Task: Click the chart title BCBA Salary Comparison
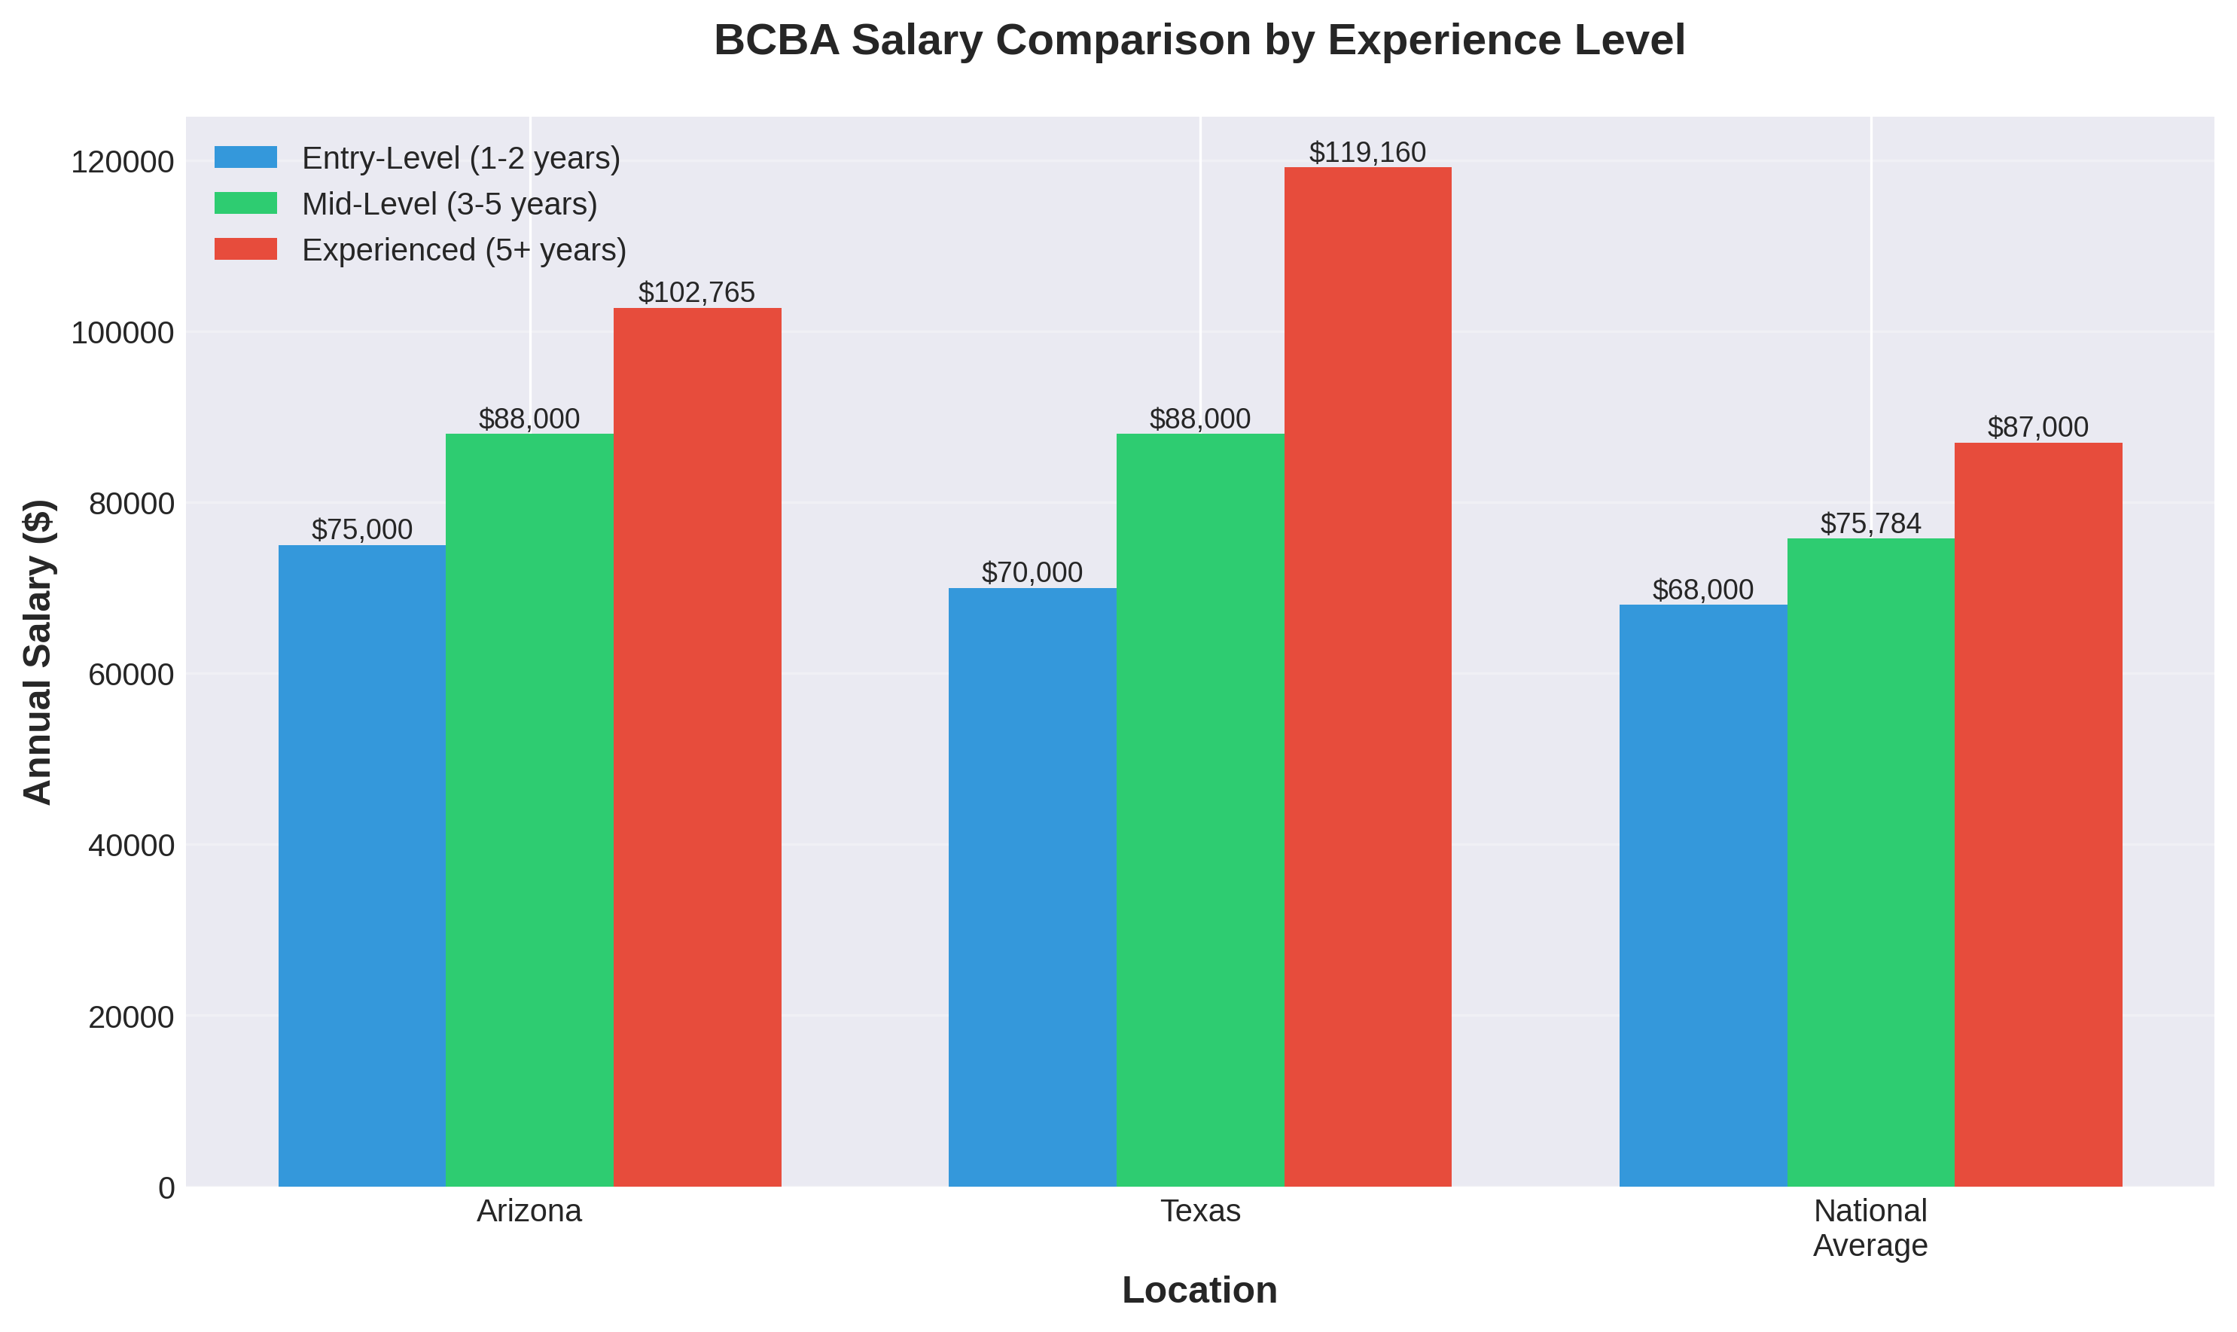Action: [1199, 41]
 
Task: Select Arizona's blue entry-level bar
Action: [361, 865]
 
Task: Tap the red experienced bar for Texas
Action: [1367, 677]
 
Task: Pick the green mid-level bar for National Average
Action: [1870, 861]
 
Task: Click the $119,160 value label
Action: [1367, 153]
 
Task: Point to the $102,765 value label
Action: [696, 293]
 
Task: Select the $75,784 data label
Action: [1870, 523]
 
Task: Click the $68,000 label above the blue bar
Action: [1702, 590]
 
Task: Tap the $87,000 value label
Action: [2037, 427]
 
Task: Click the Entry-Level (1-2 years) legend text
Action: [460, 159]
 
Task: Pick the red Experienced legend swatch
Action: [245, 249]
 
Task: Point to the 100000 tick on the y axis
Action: [122, 333]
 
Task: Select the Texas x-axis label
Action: [1199, 1212]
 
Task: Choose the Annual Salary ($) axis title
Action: [38, 651]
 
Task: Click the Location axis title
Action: [1199, 1291]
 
